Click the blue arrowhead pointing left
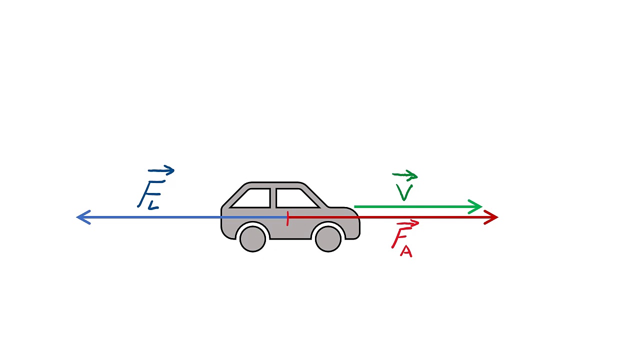click(82, 217)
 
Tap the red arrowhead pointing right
click(492, 217)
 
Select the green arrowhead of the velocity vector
click(476, 206)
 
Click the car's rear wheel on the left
click(252, 238)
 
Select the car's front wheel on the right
click(328, 238)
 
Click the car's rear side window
click(252, 198)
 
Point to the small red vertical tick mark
click(287, 219)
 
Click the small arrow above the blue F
click(161, 171)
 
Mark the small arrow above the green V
click(405, 175)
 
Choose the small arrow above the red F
click(407, 223)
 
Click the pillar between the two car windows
click(272, 198)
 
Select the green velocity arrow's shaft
click(410, 206)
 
